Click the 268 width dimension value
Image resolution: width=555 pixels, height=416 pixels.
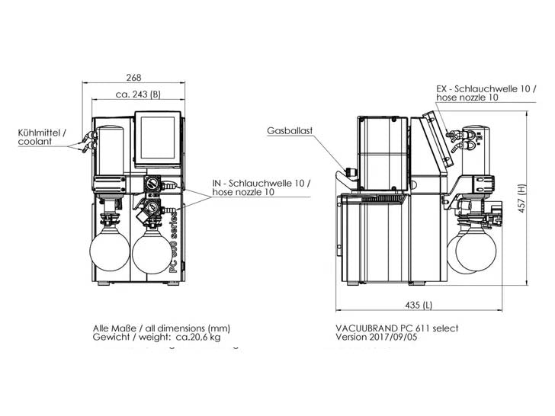point(134,78)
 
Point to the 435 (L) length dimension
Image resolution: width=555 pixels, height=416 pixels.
point(419,305)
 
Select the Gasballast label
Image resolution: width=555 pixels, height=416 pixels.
point(290,131)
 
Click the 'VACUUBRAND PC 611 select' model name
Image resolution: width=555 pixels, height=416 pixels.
point(396,328)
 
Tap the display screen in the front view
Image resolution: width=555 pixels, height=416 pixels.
point(159,140)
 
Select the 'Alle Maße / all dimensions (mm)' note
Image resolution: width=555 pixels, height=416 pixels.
point(161,328)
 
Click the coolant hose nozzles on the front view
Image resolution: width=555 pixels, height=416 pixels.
point(85,143)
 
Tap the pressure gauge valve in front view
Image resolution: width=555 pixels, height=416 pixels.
point(152,185)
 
